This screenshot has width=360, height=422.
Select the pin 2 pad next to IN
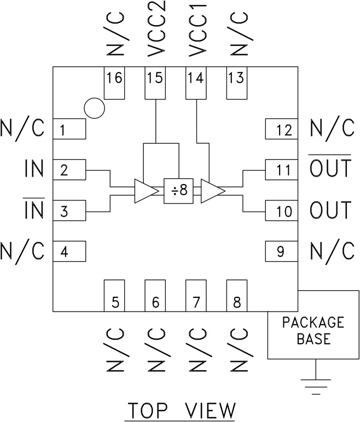(x=69, y=170)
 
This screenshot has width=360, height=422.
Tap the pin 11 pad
(x=282, y=170)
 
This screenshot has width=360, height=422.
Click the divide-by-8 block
(x=179, y=191)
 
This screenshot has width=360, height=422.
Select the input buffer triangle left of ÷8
(x=144, y=191)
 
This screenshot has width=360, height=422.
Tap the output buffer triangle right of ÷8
(x=211, y=191)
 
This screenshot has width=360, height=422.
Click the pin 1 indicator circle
(x=95, y=108)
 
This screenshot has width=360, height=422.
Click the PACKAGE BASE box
(x=313, y=331)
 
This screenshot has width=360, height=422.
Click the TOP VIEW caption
(x=181, y=410)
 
